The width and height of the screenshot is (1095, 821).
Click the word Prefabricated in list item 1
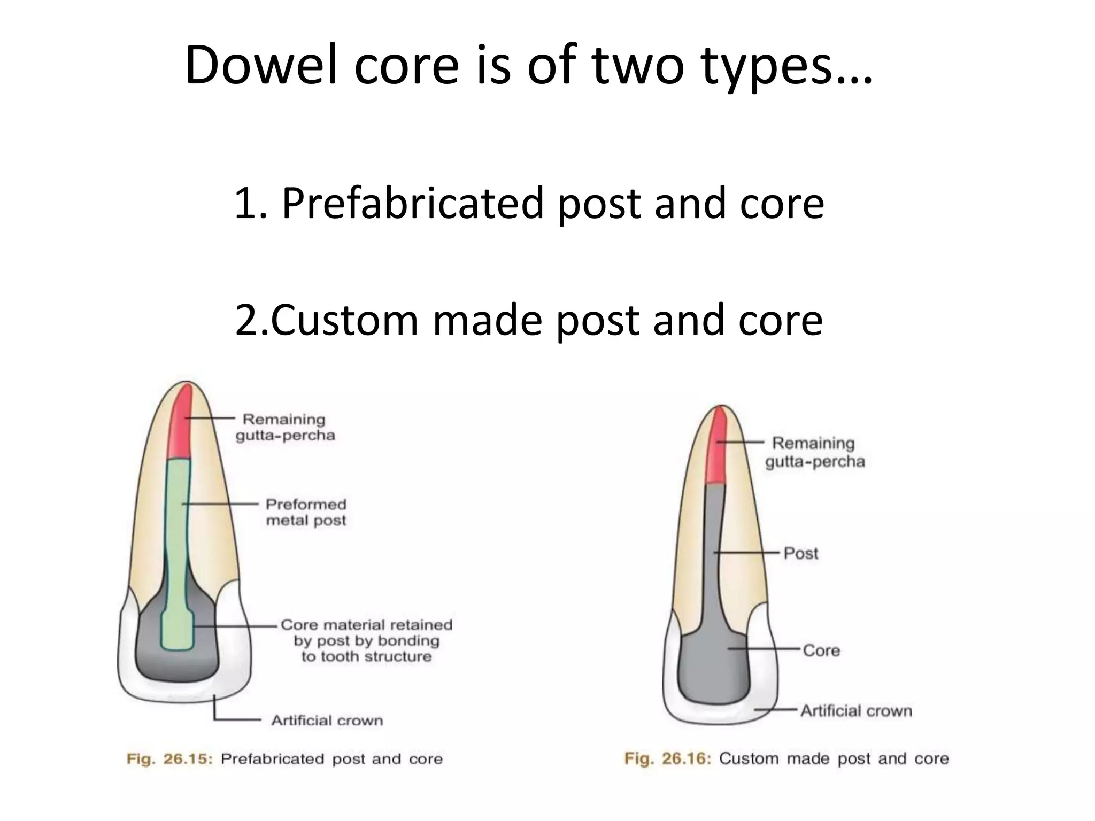412,203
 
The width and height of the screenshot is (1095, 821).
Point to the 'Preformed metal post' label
306,512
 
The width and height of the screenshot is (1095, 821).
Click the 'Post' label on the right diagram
800,553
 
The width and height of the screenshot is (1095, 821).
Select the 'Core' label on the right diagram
821,650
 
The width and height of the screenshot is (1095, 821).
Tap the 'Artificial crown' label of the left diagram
327,721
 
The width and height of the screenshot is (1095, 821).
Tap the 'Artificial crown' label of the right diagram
856,711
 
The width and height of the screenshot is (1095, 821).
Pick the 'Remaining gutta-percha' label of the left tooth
285,427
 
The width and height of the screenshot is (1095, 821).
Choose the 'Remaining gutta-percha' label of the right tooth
814,452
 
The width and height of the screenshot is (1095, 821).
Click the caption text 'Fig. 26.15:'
169,759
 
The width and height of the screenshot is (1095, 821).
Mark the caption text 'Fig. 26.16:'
668,758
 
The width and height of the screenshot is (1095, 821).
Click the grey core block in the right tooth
712,668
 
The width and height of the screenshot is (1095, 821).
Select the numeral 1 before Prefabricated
244,203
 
